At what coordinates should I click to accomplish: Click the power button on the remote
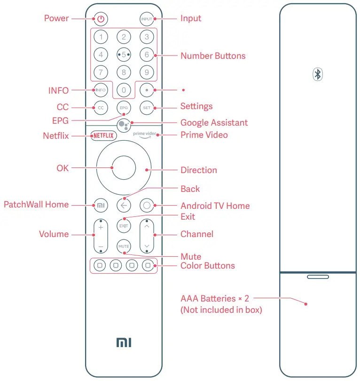coord(101,19)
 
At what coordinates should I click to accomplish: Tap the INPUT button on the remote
coord(147,19)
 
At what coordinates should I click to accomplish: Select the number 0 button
coord(124,89)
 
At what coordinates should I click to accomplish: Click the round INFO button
coord(101,89)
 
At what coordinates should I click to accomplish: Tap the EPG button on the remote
coord(124,108)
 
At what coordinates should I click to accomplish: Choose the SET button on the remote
coord(147,108)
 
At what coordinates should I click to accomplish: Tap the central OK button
coord(124,168)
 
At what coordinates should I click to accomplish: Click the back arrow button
coord(124,205)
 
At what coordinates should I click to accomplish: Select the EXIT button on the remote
coord(124,226)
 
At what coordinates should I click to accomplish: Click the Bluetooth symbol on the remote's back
coord(318,74)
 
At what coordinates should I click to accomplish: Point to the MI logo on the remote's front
coord(124,342)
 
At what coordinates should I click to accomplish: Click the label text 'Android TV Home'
coord(215,206)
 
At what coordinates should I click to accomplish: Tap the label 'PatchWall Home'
coord(36,205)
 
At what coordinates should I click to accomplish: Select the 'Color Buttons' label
coord(207,266)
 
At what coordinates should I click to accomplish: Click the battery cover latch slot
coord(318,277)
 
